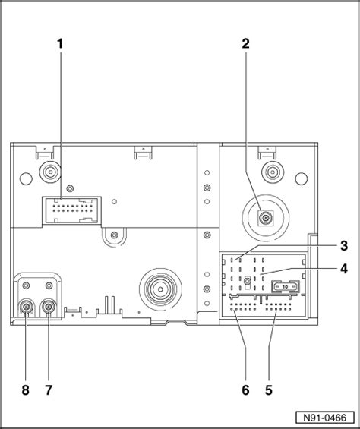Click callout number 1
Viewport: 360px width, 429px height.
click(60, 43)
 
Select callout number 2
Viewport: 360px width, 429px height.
click(245, 43)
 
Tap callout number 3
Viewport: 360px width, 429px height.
click(344, 246)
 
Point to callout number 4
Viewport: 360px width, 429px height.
click(344, 269)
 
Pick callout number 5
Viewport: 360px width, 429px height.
click(269, 390)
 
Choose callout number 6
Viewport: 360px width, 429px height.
click(245, 390)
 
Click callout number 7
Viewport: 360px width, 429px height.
click(49, 390)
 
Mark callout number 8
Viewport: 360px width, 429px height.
click(25, 390)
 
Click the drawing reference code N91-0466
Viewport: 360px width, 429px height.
click(325, 418)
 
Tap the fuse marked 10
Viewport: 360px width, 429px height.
click(285, 287)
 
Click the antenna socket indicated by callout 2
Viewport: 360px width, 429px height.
click(265, 218)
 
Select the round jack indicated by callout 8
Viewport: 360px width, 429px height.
click(26, 308)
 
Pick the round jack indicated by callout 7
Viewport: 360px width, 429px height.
click(49, 308)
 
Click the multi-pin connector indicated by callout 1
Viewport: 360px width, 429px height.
click(71, 210)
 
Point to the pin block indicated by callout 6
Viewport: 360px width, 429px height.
click(243, 307)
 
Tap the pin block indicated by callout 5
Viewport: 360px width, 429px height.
click(279, 307)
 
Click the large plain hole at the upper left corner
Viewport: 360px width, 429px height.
click(26, 178)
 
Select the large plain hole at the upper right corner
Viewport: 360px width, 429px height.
click(302, 178)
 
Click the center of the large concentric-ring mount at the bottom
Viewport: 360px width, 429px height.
click(161, 289)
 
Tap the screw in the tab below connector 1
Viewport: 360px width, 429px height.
click(114, 235)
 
